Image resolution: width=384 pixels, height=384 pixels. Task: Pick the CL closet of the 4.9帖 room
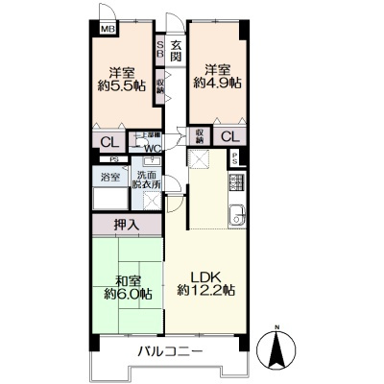point(229,136)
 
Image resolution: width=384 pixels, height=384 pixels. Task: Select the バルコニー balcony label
point(168,352)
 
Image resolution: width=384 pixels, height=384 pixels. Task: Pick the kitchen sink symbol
point(236,214)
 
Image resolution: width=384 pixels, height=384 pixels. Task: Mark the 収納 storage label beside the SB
point(160,87)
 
